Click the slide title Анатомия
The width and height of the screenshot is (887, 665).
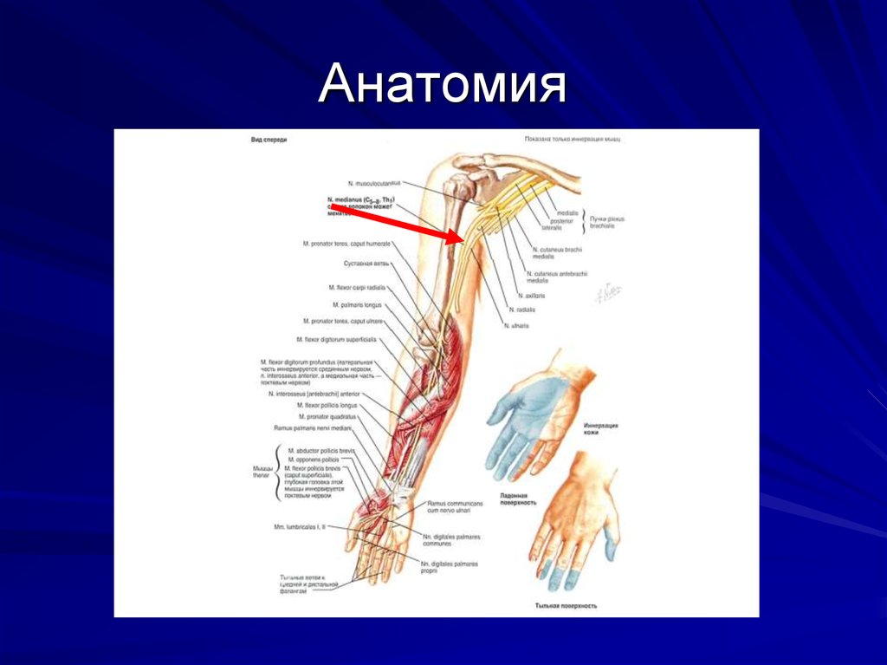pyautogui.click(x=442, y=87)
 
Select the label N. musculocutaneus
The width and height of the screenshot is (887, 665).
pyautogui.click(x=376, y=184)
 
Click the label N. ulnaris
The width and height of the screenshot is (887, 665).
pyautogui.click(x=516, y=325)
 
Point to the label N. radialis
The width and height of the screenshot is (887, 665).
pyautogui.click(x=523, y=310)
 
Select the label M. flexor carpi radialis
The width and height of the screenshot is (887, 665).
pyautogui.click(x=357, y=287)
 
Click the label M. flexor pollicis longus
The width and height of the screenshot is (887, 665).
pyautogui.click(x=327, y=405)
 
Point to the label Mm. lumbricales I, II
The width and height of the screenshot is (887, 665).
pyautogui.click(x=298, y=526)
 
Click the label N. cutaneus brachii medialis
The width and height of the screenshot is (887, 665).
pyautogui.click(x=554, y=253)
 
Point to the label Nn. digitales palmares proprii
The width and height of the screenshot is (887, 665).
pyautogui.click(x=450, y=566)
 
